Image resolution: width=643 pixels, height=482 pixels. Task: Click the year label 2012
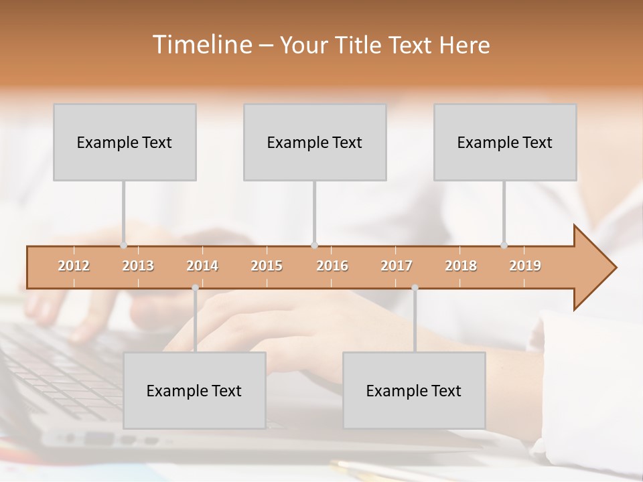74,266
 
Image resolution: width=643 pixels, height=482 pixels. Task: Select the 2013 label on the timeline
138,266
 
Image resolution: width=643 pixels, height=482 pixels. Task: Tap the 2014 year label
202,266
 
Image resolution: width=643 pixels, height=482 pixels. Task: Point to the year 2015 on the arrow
267,266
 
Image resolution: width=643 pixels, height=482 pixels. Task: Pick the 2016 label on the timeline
332,266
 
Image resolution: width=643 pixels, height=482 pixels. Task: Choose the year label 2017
397,266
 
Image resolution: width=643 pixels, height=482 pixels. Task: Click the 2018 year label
461,266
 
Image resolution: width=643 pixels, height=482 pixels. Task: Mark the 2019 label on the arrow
525,266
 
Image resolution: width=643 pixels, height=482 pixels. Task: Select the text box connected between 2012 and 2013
125,142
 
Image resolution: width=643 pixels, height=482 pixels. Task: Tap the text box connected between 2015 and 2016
315,142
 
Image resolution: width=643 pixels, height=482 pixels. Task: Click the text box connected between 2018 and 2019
505,142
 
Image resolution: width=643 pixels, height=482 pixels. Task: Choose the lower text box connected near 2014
194,390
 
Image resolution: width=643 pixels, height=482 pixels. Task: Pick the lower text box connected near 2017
414,390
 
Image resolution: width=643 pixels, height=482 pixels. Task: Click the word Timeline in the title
201,45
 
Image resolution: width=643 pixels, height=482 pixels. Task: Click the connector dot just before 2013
123,245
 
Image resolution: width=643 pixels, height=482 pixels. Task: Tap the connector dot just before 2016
314,245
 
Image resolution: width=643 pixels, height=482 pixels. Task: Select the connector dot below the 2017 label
415,288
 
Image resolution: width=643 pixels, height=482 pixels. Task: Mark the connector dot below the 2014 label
195,288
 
